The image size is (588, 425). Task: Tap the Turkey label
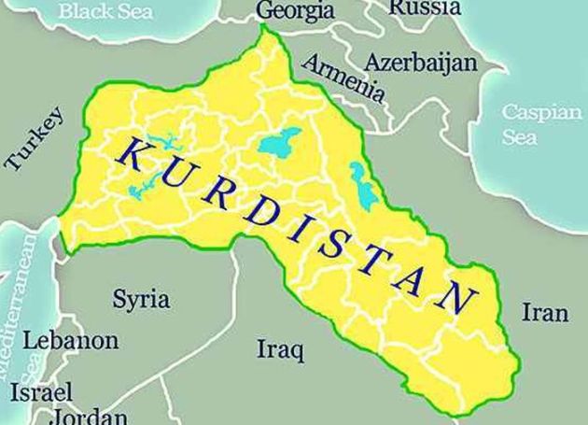[x=35, y=139]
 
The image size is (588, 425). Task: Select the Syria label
[x=141, y=300]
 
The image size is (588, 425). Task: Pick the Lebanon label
[x=71, y=340]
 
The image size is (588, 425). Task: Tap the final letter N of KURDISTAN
[x=457, y=298]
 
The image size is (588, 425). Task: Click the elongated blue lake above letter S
[x=359, y=181]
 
